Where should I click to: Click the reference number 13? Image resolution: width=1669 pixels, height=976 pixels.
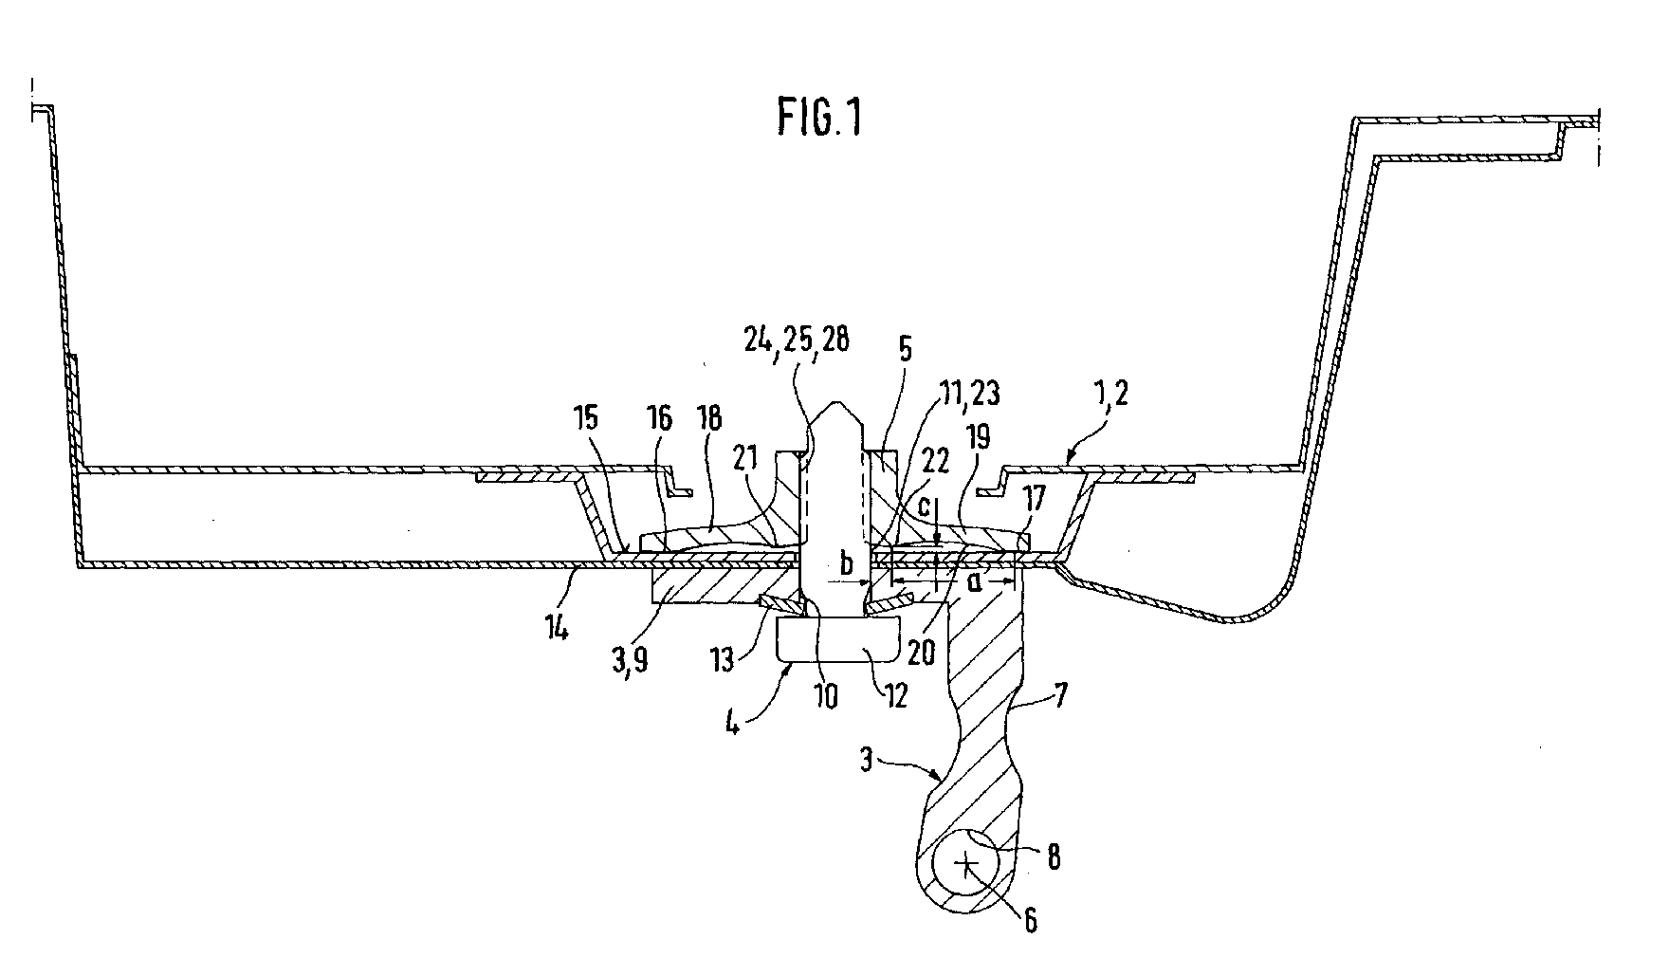pos(724,659)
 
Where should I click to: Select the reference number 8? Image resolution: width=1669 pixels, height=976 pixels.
pos(1053,858)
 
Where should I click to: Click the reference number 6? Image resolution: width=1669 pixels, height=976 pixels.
pos(1030,919)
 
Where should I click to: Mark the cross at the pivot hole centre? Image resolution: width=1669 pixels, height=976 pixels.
pos(966,864)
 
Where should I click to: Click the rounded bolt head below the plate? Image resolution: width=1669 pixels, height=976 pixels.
pos(834,638)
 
